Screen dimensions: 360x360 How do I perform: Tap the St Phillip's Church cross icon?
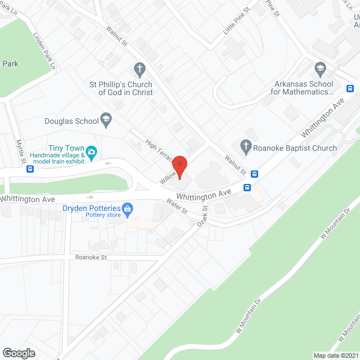pyautogui.click(x=139, y=70)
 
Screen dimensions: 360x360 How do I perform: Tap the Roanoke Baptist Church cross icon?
pyautogui.click(x=246, y=148)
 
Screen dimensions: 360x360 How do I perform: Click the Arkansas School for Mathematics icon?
pyautogui.click(x=320, y=70)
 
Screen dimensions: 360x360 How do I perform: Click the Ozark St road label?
pyautogui.click(x=202, y=216)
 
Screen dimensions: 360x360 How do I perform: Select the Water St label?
pyautogui.click(x=175, y=206)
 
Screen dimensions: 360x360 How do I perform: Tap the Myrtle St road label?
pyautogui.click(x=22, y=152)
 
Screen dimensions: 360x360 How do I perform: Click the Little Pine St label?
pyautogui.click(x=236, y=22)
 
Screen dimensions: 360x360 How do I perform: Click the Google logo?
pyautogui.click(x=18, y=353)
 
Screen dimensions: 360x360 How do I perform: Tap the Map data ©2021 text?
pyautogui.click(x=336, y=355)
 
